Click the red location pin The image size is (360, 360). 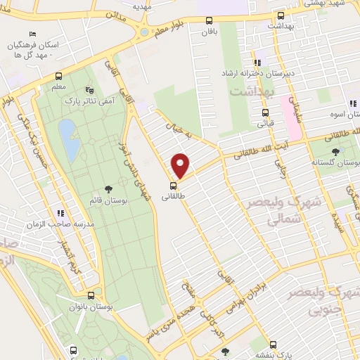pos(181,165)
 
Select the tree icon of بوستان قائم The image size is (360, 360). pos(108,188)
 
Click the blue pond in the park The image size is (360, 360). pos(69,139)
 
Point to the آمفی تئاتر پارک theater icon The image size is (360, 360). pos(89,90)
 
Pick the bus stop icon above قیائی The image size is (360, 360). pos(265,112)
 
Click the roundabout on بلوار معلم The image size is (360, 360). pos(146,31)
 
